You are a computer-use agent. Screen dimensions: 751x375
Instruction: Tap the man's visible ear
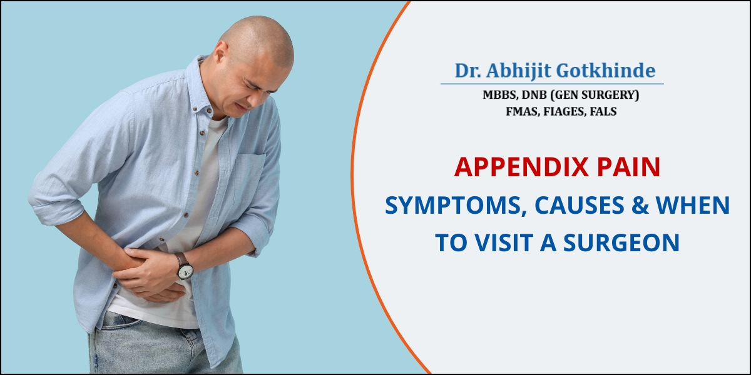click(x=221, y=53)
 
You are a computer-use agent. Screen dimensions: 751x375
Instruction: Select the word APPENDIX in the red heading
click(x=521, y=167)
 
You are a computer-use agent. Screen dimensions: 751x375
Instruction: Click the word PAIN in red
click(x=628, y=167)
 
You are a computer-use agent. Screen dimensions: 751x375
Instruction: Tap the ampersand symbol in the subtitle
click(x=640, y=205)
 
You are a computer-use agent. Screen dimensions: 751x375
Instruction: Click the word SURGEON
click(x=621, y=242)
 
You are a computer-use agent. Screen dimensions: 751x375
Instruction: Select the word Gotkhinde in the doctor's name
click(x=606, y=71)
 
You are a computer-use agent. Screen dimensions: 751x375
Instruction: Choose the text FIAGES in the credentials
click(x=563, y=111)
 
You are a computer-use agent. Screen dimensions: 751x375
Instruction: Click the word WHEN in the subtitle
click(x=693, y=205)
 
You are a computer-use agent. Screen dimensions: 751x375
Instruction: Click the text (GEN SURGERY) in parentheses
click(x=595, y=95)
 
